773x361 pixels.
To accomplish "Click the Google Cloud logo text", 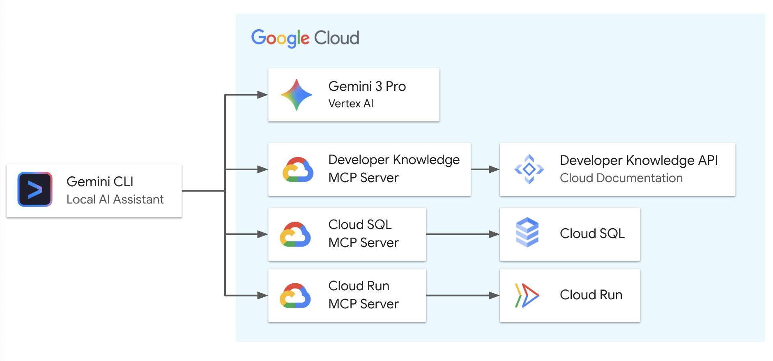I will coord(305,38).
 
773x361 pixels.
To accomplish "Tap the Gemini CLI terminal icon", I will coord(35,189).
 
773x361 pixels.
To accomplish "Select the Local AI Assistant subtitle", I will coord(115,199).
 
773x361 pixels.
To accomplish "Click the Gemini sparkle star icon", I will coord(297,95).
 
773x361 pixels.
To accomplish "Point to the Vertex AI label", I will coord(351,104).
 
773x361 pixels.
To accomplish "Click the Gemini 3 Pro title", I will coord(367,86).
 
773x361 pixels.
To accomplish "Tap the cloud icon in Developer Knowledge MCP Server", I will coord(298,169).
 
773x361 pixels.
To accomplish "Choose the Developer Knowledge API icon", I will coord(529,169).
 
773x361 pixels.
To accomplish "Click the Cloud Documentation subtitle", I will coord(621,178).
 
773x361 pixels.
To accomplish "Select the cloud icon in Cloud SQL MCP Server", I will coord(295,234).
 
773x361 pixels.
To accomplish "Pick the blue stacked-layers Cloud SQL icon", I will coord(527,232).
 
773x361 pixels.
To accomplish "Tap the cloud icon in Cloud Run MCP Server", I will coord(295,296).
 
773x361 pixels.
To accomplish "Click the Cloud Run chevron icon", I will coord(527,295).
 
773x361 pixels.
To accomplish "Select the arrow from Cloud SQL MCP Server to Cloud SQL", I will coord(462,234).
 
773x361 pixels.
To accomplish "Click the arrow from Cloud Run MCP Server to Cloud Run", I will coord(462,296).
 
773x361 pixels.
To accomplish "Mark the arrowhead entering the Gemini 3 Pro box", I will coord(262,95).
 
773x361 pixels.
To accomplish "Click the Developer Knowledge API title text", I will coord(639,160).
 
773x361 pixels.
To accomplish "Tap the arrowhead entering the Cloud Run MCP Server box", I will coord(262,296).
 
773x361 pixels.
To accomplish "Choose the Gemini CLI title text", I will coord(100,182).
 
